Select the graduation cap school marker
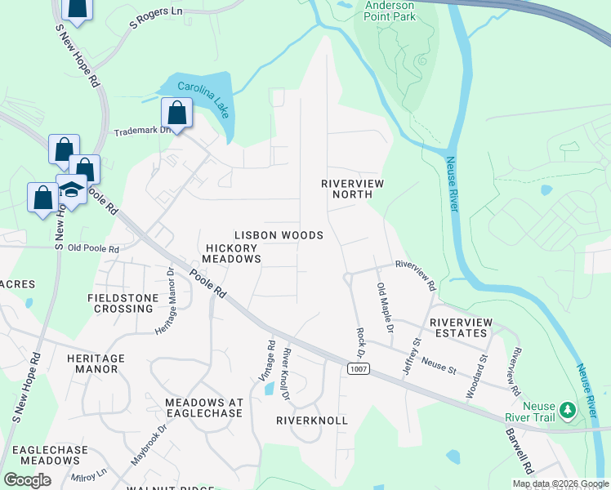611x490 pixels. click(x=72, y=189)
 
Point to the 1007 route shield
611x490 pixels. click(x=357, y=370)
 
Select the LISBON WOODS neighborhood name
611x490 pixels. click(x=279, y=235)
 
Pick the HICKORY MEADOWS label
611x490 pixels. click(x=233, y=253)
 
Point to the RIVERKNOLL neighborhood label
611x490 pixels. click(x=311, y=421)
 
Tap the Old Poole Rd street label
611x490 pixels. click(x=93, y=248)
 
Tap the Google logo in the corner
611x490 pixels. click(x=27, y=480)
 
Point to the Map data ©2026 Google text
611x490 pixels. click(x=560, y=483)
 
